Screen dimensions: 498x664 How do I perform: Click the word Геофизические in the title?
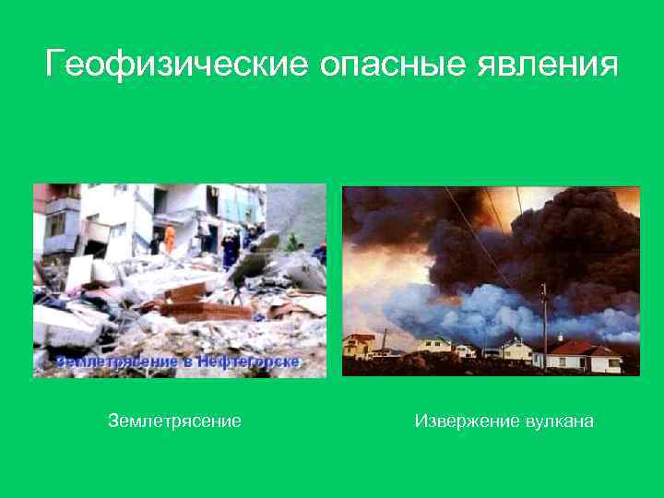[176, 65]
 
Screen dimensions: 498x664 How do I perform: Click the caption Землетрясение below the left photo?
[174, 421]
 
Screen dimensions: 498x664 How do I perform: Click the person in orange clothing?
[169, 237]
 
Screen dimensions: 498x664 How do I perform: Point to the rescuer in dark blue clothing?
[230, 247]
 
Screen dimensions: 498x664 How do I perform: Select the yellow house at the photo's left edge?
[358, 346]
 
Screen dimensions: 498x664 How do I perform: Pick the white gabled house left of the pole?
[516, 349]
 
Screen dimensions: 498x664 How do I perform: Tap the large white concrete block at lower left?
[65, 326]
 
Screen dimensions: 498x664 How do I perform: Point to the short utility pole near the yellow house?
[385, 339]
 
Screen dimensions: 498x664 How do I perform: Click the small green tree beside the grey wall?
[292, 243]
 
